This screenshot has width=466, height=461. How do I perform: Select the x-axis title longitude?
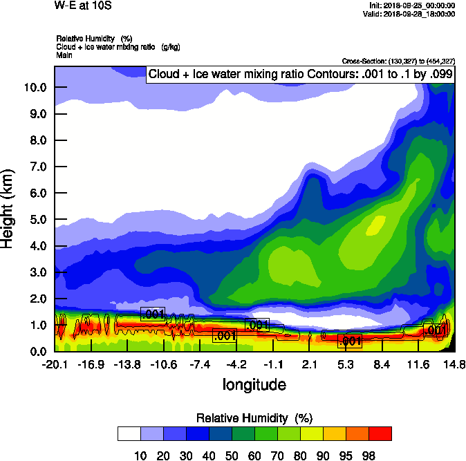click(254, 384)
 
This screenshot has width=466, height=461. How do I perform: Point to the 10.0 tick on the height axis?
click(34, 87)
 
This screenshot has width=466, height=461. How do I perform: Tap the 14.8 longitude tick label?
click(454, 365)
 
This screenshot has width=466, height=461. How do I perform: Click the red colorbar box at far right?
click(380, 433)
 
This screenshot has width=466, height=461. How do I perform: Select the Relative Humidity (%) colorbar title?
click(254, 418)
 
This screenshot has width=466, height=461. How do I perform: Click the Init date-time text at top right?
click(412, 6)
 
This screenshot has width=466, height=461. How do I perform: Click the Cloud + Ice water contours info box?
click(300, 74)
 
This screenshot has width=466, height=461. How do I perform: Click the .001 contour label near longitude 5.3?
click(350, 341)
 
